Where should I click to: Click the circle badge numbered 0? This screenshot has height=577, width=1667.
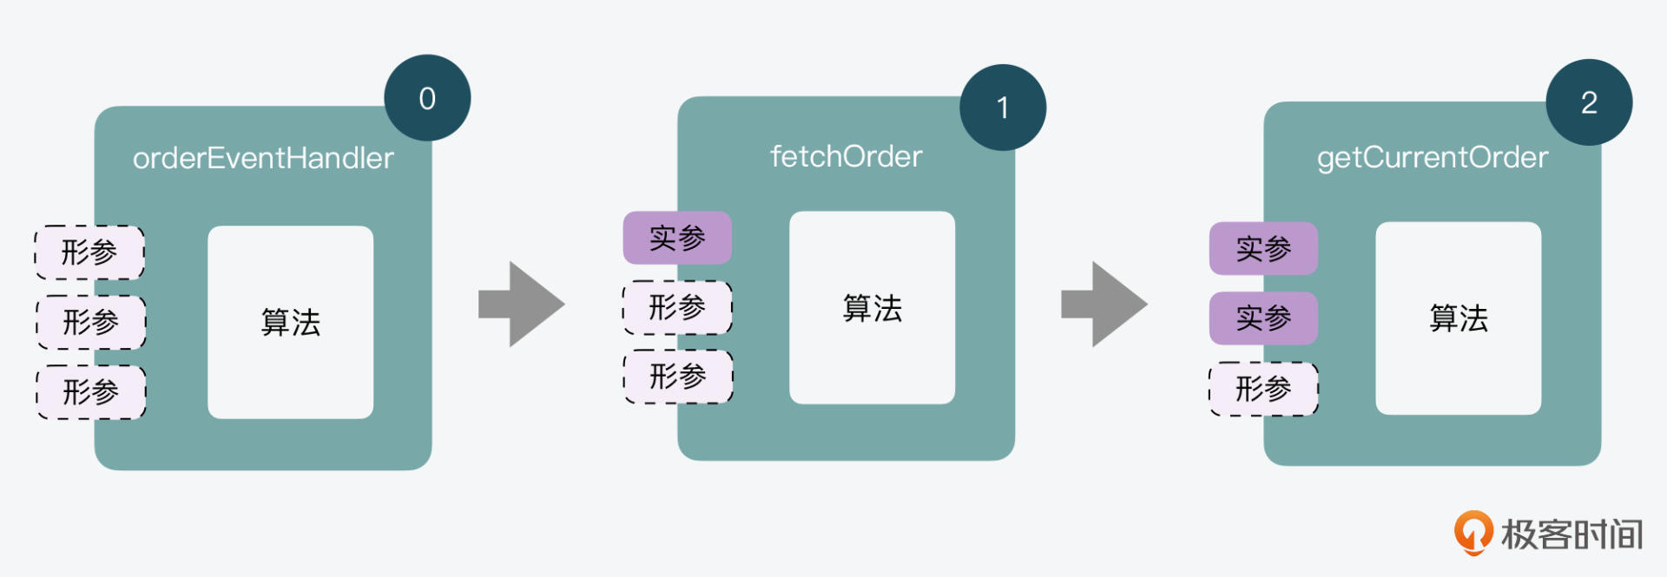click(427, 98)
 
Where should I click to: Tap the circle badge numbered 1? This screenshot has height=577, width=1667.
click(1003, 108)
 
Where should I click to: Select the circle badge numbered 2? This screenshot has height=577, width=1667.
click(1589, 102)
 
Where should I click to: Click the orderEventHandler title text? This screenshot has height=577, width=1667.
click(263, 158)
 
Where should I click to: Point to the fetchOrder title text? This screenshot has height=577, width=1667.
click(847, 156)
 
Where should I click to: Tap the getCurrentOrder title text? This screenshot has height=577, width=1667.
click(1433, 157)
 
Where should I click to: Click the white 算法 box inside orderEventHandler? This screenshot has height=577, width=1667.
click(291, 322)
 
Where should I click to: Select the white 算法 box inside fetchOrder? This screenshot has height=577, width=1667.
click(873, 307)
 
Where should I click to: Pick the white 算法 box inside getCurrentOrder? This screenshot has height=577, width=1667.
click(1459, 318)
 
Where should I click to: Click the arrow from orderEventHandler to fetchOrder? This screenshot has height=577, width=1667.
click(521, 305)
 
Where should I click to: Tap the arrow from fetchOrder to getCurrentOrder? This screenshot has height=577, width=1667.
click(1104, 305)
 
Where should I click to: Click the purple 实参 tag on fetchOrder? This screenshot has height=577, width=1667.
click(677, 238)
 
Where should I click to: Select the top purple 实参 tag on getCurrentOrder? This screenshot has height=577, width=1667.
click(1263, 249)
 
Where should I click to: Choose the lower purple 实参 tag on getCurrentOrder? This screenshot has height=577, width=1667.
click(1263, 318)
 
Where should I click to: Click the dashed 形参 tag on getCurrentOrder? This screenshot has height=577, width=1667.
click(1263, 389)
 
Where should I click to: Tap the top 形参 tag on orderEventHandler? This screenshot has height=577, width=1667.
click(89, 252)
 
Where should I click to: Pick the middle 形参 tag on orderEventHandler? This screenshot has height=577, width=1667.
click(90, 322)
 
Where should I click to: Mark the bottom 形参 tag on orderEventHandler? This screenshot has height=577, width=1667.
click(90, 392)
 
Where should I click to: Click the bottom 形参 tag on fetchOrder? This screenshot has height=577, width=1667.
click(678, 377)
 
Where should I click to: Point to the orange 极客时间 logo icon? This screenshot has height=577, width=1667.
click(1473, 532)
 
